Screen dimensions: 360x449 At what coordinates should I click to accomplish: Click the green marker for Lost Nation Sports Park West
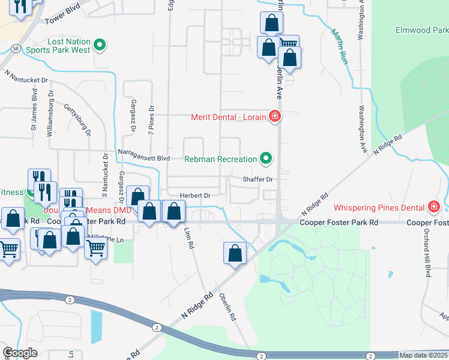pyautogui.click(x=101, y=44)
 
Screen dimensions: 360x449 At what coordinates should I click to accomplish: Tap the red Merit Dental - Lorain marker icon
pyautogui.click(x=275, y=116)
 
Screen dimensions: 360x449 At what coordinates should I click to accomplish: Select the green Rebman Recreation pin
pyautogui.click(x=266, y=159)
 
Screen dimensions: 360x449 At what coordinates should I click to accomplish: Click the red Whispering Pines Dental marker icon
pyautogui.click(x=433, y=207)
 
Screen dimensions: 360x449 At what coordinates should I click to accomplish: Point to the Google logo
pyautogui.click(x=20, y=352)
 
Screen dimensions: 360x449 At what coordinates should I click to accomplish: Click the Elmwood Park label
pyautogui.click(x=422, y=29)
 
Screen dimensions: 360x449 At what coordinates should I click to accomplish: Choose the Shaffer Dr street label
pyautogui.click(x=258, y=179)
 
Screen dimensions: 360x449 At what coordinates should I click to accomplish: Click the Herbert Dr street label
pyautogui.click(x=195, y=196)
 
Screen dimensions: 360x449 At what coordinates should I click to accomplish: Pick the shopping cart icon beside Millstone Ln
pyautogui.click(x=95, y=248)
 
